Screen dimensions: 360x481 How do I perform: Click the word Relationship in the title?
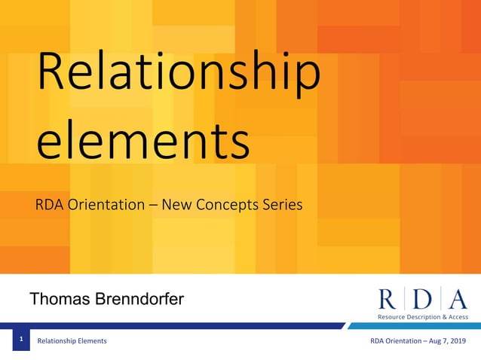tap(179, 77)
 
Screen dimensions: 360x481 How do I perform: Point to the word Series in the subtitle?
tap(280, 203)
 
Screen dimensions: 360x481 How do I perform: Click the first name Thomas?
tap(60, 300)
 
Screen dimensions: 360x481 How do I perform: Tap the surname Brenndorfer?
tap(139, 300)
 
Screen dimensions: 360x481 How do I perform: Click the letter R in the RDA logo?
tap(388, 298)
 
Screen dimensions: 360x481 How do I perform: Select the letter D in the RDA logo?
tap(423, 298)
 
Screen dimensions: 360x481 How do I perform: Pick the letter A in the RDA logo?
tap(457, 298)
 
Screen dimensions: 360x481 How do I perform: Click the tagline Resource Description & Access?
tap(423, 317)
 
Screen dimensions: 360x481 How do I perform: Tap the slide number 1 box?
tap(21, 340)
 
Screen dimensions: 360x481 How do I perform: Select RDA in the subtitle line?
tap(49, 203)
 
